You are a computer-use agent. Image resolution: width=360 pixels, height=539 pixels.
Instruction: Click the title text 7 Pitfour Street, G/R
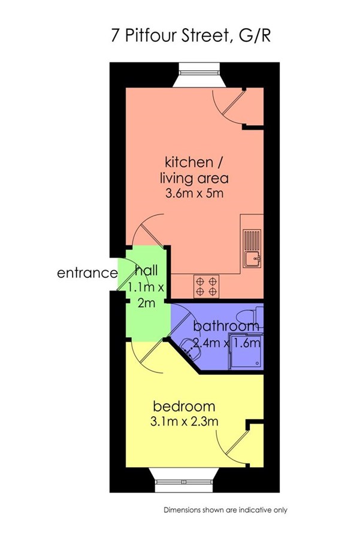click(190, 36)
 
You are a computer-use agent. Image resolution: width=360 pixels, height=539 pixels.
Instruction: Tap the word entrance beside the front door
click(87, 273)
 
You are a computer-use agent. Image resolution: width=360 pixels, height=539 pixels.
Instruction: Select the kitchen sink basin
click(252, 258)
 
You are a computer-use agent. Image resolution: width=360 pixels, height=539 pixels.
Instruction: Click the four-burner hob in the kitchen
click(207, 287)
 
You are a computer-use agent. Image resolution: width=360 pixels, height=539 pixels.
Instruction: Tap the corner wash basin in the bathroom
click(190, 347)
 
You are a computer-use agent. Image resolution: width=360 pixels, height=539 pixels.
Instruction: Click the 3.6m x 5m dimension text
click(194, 193)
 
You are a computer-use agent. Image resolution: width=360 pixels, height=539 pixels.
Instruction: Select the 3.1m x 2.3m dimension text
click(184, 421)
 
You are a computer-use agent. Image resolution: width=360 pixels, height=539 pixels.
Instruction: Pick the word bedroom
click(184, 406)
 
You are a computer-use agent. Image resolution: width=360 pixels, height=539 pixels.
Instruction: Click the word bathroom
click(226, 326)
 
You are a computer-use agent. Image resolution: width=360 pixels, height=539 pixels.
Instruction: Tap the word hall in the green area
click(147, 271)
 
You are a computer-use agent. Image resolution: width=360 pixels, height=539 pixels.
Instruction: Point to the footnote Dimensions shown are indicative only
click(225, 510)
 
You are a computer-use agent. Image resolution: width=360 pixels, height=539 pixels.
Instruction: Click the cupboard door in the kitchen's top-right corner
click(233, 102)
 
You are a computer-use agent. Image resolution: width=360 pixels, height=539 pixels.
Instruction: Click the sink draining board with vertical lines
click(252, 240)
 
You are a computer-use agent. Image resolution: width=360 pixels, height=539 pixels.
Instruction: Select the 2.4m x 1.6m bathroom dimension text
click(227, 343)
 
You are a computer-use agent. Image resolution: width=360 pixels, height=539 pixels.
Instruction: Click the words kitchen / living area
click(194, 170)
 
